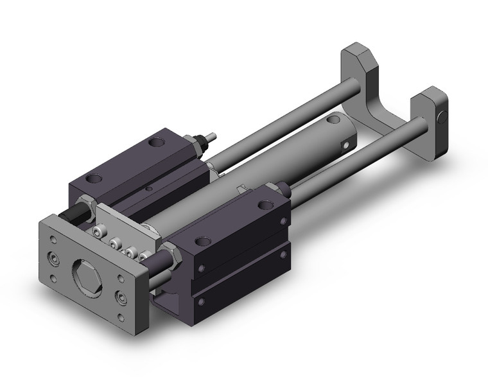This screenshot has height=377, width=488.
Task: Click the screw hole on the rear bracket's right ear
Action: (x=442, y=118)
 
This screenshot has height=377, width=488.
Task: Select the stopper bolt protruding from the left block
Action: (x=211, y=137)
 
